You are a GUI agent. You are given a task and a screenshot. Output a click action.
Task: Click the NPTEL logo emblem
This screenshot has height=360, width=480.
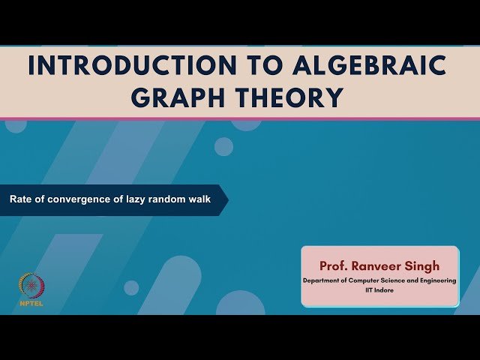31,286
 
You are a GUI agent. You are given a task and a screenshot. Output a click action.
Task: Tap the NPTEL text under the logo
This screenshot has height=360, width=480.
31,304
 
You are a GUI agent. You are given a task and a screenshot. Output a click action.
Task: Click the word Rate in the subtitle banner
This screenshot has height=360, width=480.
19,200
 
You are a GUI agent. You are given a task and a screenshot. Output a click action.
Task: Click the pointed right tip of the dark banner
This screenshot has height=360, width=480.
226,200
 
